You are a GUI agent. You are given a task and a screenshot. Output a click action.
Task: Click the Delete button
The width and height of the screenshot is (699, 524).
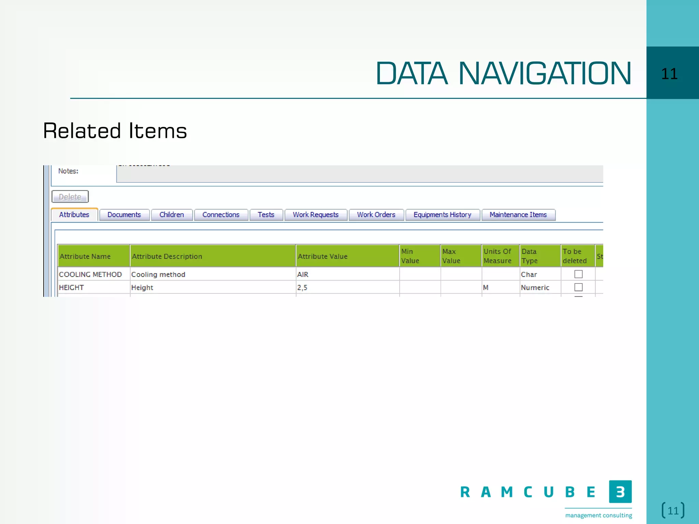[70, 197]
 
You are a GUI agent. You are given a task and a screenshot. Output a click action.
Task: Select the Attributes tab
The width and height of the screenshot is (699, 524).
[74, 215]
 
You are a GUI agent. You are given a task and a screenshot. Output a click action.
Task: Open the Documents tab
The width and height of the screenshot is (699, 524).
[124, 215]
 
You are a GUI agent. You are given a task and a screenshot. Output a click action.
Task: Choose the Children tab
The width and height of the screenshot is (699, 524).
[172, 215]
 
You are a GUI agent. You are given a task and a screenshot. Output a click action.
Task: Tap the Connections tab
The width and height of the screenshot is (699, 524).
[221, 215]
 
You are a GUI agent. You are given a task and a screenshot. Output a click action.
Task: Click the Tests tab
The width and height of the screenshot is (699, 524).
[266, 215]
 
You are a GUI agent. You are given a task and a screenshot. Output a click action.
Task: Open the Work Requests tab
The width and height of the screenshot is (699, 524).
[316, 215]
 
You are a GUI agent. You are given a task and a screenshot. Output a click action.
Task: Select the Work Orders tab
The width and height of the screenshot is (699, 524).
[376, 215]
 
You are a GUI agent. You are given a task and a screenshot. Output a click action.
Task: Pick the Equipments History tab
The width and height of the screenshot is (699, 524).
[442, 215]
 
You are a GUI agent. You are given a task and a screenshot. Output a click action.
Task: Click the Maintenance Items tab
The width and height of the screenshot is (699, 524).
[518, 215]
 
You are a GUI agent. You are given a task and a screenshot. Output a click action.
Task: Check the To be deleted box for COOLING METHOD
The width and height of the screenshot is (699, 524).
[578, 274]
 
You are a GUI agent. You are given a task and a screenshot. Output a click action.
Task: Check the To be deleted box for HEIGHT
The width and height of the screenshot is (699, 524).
[578, 287]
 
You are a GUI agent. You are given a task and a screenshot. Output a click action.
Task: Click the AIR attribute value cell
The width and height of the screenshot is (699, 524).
[347, 274]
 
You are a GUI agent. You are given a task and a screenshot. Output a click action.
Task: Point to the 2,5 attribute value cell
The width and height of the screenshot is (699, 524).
[347, 287]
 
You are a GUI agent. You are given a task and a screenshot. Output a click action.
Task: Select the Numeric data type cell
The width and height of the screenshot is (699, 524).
[535, 288]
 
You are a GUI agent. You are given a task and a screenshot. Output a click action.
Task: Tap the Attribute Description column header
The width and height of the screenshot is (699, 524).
[213, 256]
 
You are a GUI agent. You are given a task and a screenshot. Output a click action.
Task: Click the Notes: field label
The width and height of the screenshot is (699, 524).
[68, 171]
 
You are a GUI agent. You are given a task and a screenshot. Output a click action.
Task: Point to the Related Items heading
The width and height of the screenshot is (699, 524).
[115, 131]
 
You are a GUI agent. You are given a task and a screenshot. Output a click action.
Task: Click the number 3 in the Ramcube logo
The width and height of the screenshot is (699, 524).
[620, 492]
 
